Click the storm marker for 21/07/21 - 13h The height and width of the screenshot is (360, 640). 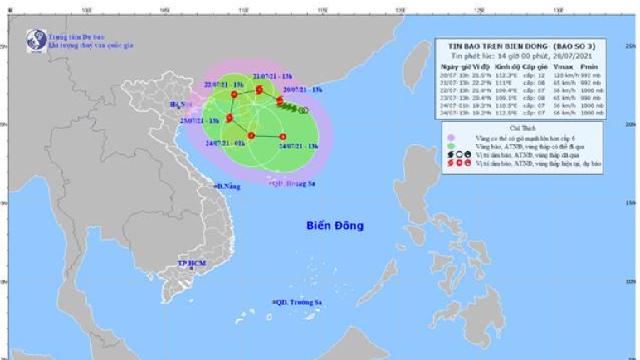259,90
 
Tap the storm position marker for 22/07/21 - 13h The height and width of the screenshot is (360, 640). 234,95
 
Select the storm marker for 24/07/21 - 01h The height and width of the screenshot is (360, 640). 251,135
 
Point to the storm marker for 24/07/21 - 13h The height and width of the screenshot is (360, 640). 282,136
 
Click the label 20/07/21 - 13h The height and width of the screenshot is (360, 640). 302,89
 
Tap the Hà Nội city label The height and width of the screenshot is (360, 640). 178,105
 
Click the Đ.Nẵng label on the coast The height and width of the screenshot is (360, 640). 228,187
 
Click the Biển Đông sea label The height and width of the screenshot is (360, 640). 335,226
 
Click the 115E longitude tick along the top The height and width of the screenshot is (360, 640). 321,10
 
